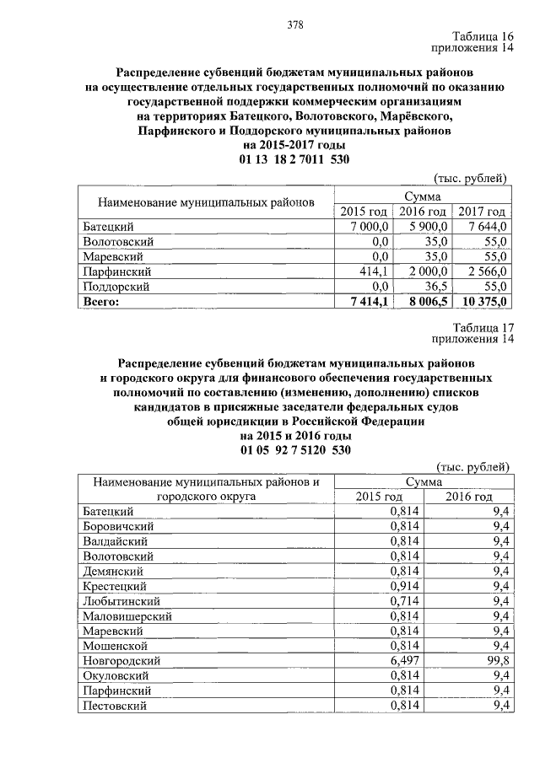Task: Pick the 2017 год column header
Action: click(x=483, y=212)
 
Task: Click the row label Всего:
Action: click(x=101, y=302)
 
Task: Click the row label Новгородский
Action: click(x=121, y=660)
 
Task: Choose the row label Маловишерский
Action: click(x=127, y=615)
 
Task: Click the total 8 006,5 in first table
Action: click(x=426, y=302)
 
